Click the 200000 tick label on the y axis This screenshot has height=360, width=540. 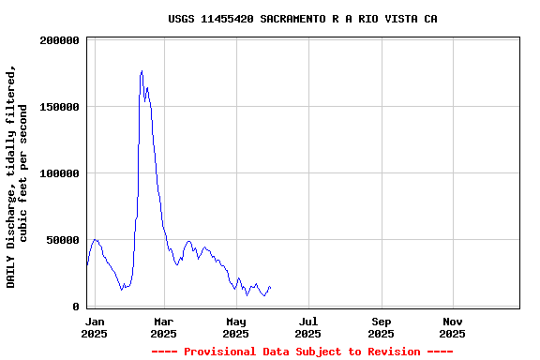(x=57, y=40)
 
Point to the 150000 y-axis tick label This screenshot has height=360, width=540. (x=57, y=107)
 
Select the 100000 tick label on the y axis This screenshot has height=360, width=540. (x=57, y=173)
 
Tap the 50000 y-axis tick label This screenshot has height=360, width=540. (x=61, y=240)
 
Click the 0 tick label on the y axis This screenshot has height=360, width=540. (x=76, y=307)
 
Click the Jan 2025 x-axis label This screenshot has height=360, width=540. (x=94, y=327)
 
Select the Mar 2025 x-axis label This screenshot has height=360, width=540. (x=163, y=327)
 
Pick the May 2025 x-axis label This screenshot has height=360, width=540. (x=236, y=327)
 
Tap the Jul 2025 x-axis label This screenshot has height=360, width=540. (x=307, y=327)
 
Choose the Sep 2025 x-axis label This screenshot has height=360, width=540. (x=381, y=327)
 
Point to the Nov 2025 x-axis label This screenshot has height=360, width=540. (x=452, y=327)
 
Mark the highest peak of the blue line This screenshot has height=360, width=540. (x=142, y=71)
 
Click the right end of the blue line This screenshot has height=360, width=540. (x=270, y=287)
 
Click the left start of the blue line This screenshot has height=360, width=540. (x=87, y=264)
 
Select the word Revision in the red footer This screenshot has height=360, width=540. (x=388, y=352)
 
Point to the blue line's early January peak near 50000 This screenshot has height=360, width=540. (x=95, y=239)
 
